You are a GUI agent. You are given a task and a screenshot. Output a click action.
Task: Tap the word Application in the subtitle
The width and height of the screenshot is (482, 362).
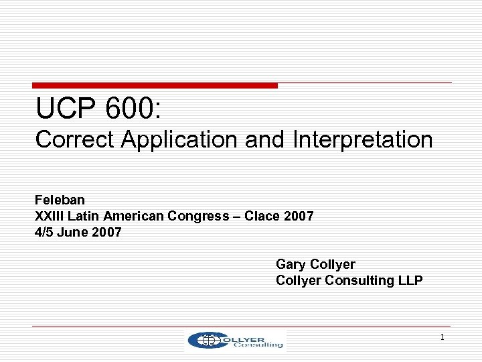click(179, 139)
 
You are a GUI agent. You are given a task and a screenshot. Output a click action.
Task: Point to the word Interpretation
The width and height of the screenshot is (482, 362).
click(362, 139)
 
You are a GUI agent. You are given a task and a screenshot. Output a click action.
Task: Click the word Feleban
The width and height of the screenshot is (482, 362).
click(60, 200)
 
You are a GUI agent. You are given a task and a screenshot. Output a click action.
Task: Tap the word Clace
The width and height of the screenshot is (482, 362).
click(263, 216)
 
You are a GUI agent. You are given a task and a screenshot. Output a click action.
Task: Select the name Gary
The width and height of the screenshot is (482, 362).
click(291, 264)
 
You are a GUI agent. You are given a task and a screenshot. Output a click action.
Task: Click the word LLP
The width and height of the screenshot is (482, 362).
click(409, 280)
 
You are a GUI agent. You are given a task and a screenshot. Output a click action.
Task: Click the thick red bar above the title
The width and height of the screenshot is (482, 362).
click(155, 86)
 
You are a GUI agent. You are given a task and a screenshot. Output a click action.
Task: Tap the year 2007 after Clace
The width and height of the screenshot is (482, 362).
click(299, 216)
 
